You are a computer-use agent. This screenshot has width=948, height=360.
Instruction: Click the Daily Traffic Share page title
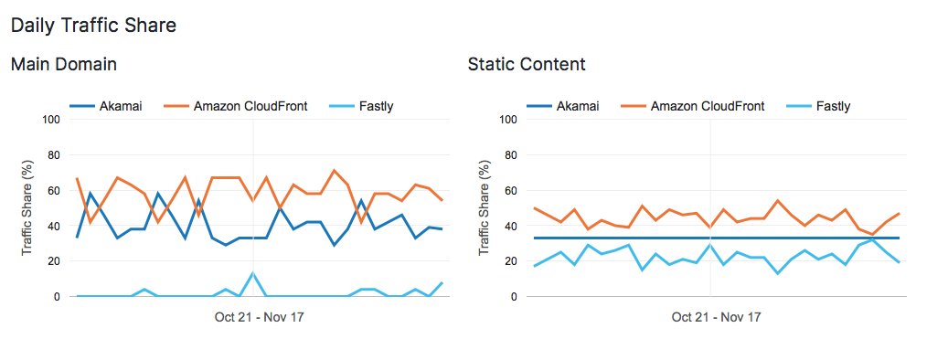[93, 26]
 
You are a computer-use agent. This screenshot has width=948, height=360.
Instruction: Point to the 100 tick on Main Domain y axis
[50, 120]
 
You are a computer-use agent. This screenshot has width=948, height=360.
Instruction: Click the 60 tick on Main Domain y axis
[53, 191]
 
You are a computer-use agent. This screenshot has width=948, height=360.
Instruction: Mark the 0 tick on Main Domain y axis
[56, 297]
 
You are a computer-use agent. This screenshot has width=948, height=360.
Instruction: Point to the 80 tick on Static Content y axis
[510, 155]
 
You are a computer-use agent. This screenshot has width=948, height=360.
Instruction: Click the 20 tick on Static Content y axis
[510, 261]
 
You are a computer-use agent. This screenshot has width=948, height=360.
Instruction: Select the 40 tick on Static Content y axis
[510, 227]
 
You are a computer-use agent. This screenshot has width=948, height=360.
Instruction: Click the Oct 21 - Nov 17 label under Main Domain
[253, 317]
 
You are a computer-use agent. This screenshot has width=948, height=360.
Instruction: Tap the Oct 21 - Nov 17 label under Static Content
[710, 317]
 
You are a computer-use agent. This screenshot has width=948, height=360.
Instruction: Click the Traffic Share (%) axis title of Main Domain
[27, 207]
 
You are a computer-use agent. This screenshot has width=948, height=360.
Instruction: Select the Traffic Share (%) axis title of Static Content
[485, 207]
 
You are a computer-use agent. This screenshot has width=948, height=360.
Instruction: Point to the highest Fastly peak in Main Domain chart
[253, 273]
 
